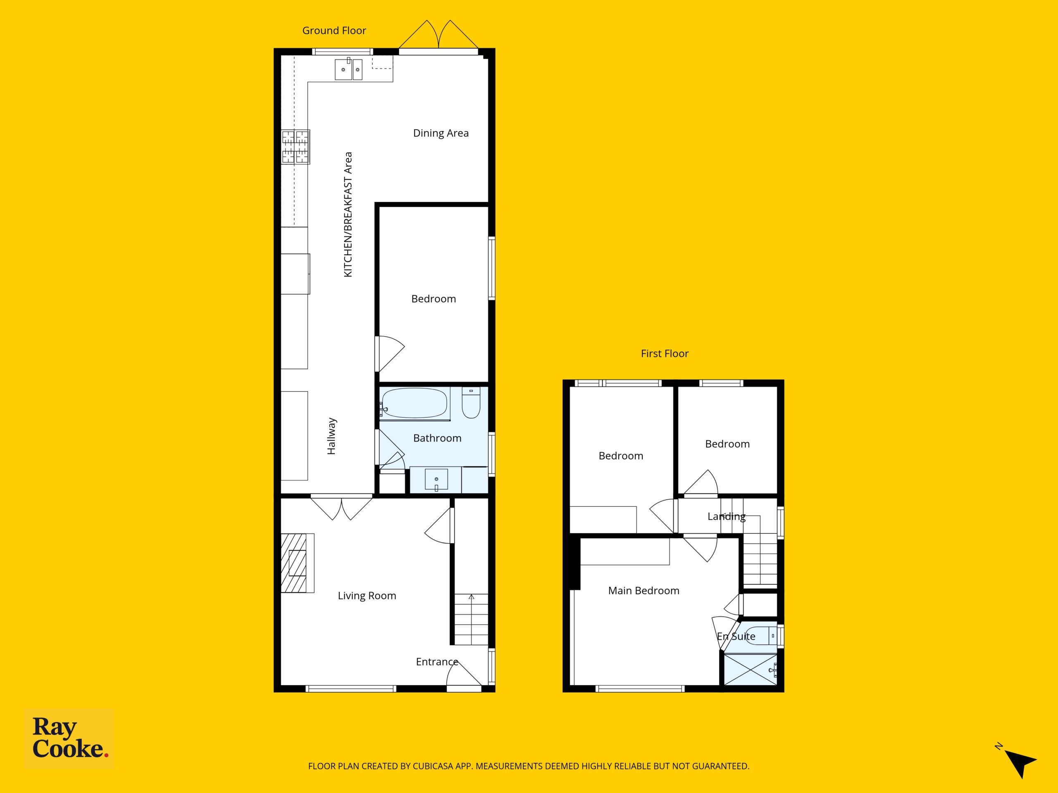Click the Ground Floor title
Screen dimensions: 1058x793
pos(334,31)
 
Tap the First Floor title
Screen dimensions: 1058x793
pos(665,354)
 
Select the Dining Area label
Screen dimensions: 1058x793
pos(441,133)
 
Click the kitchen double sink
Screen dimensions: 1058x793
pos(348,69)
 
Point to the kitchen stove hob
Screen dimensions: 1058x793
pos(295,147)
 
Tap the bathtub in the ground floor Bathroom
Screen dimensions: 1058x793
pos(415,404)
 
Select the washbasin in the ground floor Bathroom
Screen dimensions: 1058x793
pos(436,480)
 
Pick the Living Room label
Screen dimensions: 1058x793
pos(367,596)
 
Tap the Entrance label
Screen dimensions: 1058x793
pos(437,662)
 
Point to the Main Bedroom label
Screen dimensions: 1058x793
pos(643,591)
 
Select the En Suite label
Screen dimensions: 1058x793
pos(736,636)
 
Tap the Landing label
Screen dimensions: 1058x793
pos(727,516)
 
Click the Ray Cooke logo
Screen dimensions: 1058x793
pos(69,738)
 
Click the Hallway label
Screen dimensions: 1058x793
pos(331,436)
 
